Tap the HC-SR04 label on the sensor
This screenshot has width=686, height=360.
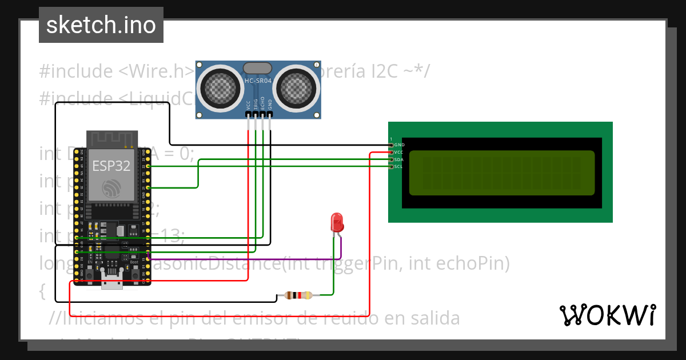(x=258, y=81)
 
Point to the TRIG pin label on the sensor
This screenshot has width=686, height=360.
(x=256, y=104)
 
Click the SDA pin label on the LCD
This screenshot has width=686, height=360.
(x=398, y=159)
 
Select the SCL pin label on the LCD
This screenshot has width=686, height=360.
(x=398, y=166)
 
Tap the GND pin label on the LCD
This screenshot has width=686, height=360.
(x=399, y=145)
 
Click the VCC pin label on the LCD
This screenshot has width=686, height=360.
(x=398, y=153)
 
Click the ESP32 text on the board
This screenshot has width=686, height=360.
(x=111, y=166)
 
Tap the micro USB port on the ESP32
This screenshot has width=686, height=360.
(x=112, y=280)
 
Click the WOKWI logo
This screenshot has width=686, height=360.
(x=607, y=315)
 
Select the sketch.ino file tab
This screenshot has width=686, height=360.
(x=101, y=25)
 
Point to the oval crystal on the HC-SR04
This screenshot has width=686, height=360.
(x=257, y=68)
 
